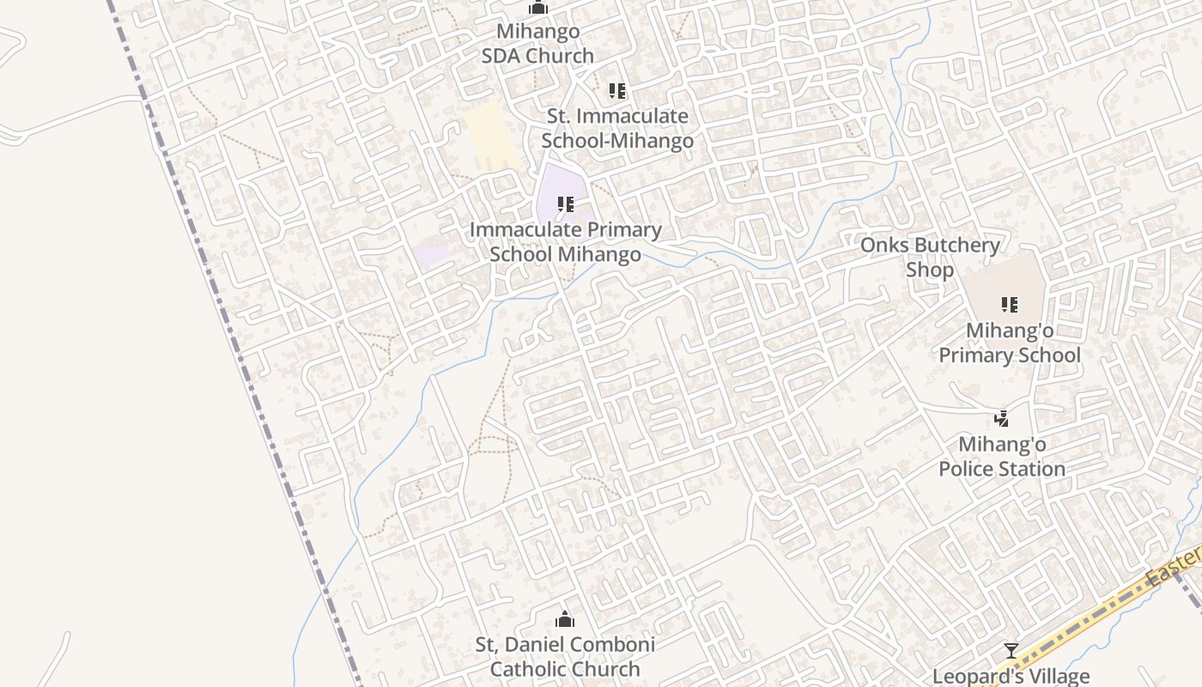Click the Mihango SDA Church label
(537, 44)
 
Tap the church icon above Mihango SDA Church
(538, 8)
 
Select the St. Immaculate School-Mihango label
(617, 129)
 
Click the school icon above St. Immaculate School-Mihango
(616, 90)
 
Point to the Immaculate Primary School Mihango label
(565, 242)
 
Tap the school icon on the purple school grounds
(565, 204)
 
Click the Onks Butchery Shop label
(930, 258)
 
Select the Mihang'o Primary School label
(1009, 343)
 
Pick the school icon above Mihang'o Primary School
(1009, 304)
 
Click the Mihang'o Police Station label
(1001, 457)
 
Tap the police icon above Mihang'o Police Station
(1001, 419)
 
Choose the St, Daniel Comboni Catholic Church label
(565, 657)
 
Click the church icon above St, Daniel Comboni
(565, 619)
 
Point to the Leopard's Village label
(1011, 677)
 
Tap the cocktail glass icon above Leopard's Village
(1011, 651)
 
